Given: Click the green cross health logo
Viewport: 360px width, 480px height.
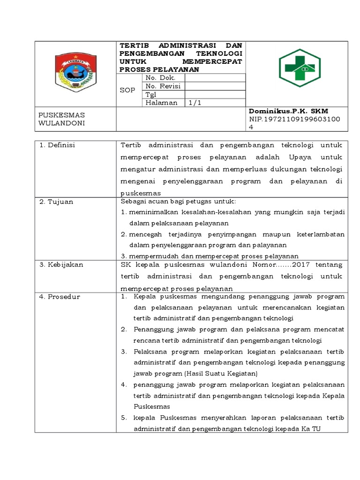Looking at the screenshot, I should (300, 68).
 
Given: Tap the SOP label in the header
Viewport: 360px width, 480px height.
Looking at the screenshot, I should (127, 90).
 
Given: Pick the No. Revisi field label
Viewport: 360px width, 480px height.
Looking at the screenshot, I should (163, 86).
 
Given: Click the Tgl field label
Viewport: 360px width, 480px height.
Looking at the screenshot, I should (151, 94).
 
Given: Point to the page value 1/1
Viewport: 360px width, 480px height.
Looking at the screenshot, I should (195, 103).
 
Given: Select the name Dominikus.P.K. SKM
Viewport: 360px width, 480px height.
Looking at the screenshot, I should (288, 111).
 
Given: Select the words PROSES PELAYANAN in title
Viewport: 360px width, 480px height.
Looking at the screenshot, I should (159, 69).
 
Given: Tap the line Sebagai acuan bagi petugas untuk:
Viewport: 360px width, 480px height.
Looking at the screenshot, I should (178, 202).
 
